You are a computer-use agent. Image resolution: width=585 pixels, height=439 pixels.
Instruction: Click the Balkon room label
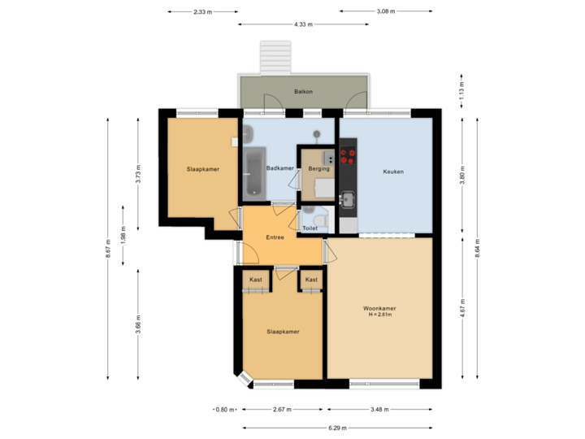(x=303, y=93)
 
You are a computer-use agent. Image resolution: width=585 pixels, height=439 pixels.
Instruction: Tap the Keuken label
(x=393, y=172)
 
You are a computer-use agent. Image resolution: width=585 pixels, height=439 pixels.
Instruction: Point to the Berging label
(x=318, y=168)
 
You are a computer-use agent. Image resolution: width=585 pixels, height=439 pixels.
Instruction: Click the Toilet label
(x=310, y=228)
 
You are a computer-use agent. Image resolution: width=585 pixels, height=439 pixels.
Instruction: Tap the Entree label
(x=275, y=237)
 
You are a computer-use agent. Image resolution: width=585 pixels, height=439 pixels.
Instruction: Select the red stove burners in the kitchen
(x=348, y=156)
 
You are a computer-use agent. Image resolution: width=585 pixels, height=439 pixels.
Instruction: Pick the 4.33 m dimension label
(x=304, y=24)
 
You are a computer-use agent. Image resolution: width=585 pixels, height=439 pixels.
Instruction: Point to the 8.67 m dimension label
(x=108, y=248)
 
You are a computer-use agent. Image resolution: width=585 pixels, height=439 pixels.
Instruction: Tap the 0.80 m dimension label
(x=224, y=409)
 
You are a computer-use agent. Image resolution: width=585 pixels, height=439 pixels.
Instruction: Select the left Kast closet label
(x=255, y=280)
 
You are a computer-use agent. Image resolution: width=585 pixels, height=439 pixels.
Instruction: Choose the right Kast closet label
(x=310, y=280)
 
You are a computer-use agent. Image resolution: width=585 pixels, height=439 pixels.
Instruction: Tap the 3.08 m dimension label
(x=385, y=11)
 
